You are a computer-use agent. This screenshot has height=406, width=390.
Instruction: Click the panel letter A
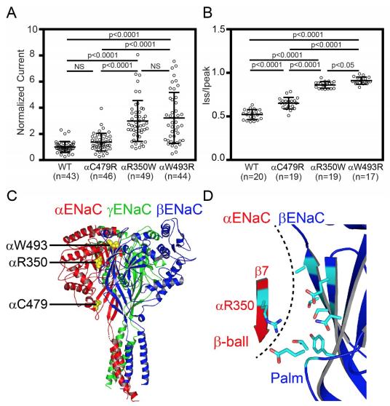pyautogui.click(x=12, y=12)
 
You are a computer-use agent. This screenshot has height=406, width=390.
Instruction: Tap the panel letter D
pyautogui.click(x=208, y=196)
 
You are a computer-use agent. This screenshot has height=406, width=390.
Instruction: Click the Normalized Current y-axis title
pyautogui.click(x=20, y=92)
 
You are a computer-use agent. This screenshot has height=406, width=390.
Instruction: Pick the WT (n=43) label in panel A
pyautogui.click(x=65, y=171)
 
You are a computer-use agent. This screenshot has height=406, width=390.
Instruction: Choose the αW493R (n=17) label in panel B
pyautogui.click(x=365, y=172)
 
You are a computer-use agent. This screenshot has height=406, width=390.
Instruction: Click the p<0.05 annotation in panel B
pyautogui.click(x=343, y=65)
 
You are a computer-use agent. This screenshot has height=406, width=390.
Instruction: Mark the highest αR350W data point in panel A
pyautogui.click(x=138, y=55)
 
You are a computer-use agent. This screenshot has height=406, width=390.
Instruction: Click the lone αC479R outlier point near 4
pyautogui.click(x=101, y=108)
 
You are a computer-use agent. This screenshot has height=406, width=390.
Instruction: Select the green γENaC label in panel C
pyautogui.click(x=129, y=210)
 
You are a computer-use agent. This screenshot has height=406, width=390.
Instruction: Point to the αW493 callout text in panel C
pyautogui.click(x=27, y=245)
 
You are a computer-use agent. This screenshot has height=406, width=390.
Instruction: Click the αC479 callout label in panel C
pyautogui.click(x=28, y=304)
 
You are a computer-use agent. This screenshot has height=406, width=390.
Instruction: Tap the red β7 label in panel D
pyautogui.click(x=261, y=272)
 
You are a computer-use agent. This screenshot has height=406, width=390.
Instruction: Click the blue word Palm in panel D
pyautogui.click(x=287, y=378)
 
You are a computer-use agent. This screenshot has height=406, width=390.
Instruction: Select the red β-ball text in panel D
pyautogui.click(x=231, y=342)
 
